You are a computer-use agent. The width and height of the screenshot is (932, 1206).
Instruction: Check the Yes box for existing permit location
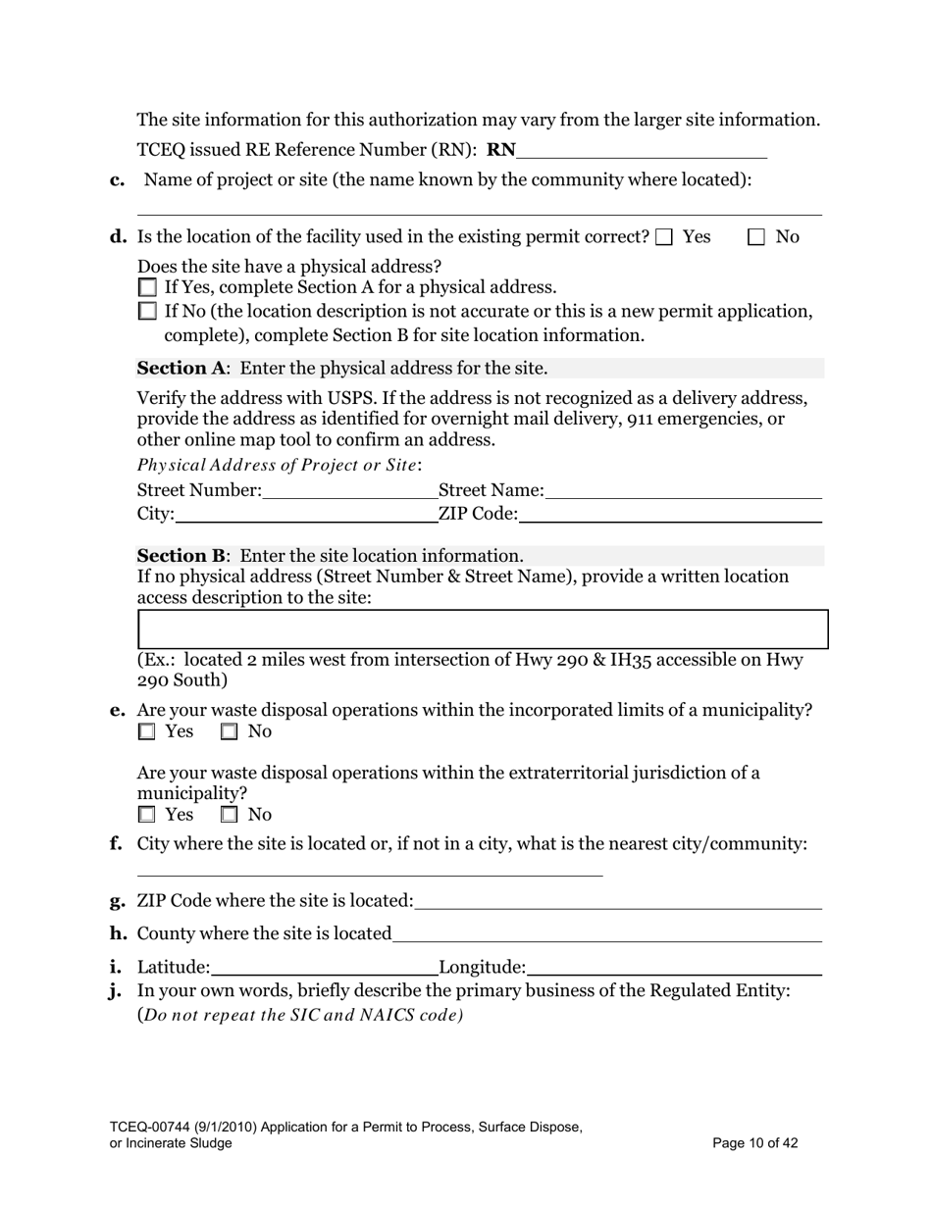664,237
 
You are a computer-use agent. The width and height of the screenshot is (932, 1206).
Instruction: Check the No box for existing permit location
756,237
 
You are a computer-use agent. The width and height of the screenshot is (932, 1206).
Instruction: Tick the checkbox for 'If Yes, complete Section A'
147,287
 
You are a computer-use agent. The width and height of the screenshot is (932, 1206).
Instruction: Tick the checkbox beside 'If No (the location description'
147,312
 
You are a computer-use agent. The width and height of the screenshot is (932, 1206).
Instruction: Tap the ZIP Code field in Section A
670,514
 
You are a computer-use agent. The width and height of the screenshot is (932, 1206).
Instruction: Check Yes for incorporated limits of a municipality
147,731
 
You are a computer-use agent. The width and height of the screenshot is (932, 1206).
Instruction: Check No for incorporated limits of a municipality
230,731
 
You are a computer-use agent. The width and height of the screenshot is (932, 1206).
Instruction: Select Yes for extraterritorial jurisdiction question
147,815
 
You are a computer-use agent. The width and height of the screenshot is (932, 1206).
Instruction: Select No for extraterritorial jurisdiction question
230,815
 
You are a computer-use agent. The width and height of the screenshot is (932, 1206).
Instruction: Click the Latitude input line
324,968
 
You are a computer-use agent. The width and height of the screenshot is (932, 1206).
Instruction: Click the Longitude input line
673,968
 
